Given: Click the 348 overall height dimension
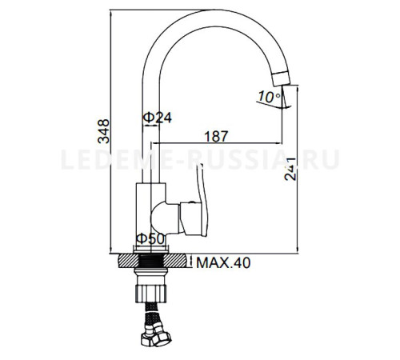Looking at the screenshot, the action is [104, 131].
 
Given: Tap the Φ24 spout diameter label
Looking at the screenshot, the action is [158, 118].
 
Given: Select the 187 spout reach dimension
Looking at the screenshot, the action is [216, 136].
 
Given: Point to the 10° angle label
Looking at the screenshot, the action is [270, 97].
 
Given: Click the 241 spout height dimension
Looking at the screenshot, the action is [290, 169].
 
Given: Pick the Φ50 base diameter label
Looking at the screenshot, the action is [150, 238].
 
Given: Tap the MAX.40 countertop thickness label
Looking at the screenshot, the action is [223, 262].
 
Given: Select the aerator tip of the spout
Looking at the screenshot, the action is [281, 78].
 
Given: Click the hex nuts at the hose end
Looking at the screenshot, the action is [156, 334].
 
